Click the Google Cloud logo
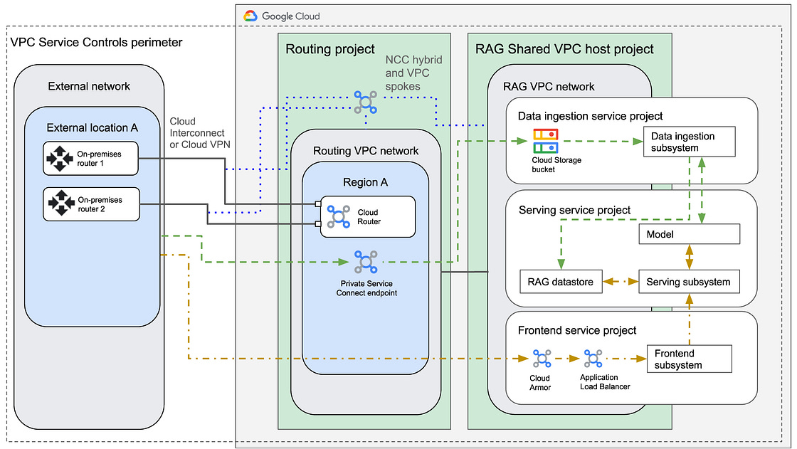point(250,16)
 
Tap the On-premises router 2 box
point(90,204)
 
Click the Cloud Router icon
point(338,216)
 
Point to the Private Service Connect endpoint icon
point(365,262)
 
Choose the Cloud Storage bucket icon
point(546,141)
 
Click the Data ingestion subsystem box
point(688,142)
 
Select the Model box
point(688,234)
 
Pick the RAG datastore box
point(561,282)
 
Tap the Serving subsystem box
point(688,282)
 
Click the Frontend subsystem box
point(688,359)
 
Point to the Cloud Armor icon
point(540,359)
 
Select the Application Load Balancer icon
point(593,359)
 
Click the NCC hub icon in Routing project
point(365,101)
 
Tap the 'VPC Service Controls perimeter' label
point(97,43)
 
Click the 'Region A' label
point(365,181)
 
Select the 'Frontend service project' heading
point(577,330)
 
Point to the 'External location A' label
point(92,127)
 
